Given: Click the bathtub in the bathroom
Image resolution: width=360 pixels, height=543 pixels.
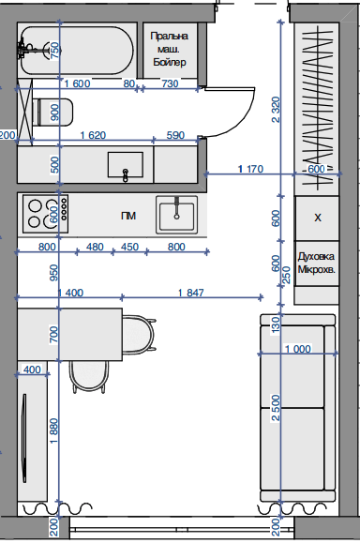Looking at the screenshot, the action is (77, 51).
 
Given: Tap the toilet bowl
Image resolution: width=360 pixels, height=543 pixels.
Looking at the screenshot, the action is (54, 112).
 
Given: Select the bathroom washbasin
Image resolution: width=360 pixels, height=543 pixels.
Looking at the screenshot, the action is (126, 165).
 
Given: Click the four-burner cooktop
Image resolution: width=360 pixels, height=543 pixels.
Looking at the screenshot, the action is (45, 214).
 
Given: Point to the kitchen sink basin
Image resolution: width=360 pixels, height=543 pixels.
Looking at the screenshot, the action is (176, 215).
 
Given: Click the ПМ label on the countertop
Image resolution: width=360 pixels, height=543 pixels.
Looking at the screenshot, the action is (128, 216).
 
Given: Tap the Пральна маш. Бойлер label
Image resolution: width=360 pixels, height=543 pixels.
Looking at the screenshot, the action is (170, 49).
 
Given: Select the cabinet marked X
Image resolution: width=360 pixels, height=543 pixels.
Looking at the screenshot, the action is (317, 219).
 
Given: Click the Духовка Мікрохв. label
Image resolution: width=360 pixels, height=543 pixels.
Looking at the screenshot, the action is (316, 264).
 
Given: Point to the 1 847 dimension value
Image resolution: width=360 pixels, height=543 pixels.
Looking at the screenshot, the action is (191, 293).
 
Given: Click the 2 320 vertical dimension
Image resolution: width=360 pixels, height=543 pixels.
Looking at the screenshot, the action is (276, 110).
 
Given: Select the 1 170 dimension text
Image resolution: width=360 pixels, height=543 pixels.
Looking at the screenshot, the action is (250, 169).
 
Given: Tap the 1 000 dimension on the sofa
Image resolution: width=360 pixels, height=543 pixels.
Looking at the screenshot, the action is (298, 349).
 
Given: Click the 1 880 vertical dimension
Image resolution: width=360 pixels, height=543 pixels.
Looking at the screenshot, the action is (54, 431).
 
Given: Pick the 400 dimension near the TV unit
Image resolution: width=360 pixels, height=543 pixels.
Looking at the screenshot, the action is (32, 370).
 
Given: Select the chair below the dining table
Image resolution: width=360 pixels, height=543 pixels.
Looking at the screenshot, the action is (89, 377).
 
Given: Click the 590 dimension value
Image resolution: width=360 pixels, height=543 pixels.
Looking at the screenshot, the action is (175, 135).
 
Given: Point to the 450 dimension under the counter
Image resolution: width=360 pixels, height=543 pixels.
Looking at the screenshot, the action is (129, 247).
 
